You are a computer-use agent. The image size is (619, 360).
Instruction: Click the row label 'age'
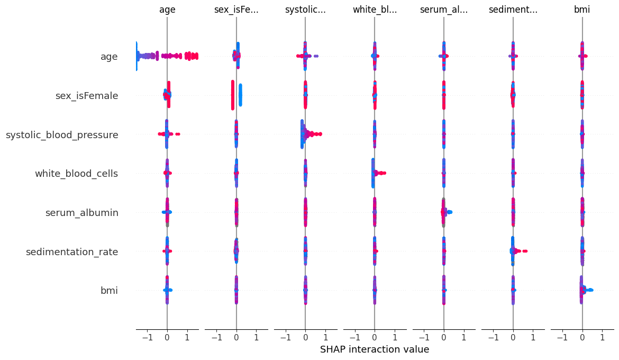pyautogui.click(x=109, y=57)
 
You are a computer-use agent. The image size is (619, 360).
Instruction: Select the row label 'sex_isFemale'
pyautogui.click(x=87, y=96)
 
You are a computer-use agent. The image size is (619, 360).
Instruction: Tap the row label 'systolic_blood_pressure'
pyautogui.click(x=62, y=135)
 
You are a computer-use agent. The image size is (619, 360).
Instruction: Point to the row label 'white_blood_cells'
pyautogui.click(x=76, y=174)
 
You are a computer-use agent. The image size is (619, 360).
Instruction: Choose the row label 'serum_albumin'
pyautogui.click(x=81, y=213)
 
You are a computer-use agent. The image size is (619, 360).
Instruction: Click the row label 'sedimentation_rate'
pyautogui.click(x=72, y=252)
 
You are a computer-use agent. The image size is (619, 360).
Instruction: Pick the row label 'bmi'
pyautogui.click(x=109, y=291)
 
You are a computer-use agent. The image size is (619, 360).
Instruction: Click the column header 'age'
pyautogui.click(x=167, y=10)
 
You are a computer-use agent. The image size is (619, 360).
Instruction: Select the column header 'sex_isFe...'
pyautogui.click(x=236, y=10)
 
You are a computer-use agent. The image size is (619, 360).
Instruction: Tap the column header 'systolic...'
pyautogui.click(x=305, y=10)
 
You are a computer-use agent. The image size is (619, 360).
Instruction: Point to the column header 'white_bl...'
pyautogui.click(x=375, y=10)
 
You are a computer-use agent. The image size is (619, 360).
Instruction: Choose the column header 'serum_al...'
pyautogui.click(x=444, y=10)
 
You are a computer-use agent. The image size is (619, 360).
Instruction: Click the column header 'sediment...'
pyautogui.click(x=513, y=10)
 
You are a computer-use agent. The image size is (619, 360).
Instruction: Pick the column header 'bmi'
pyautogui.click(x=582, y=10)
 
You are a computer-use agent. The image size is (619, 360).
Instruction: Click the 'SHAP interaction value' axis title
pyautogui.click(x=375, y=349)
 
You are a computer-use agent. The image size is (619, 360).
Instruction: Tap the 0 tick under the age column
pyautogui.click(x=167, y=337)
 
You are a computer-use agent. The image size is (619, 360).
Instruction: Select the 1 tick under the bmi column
pyautogui.click(x=602, y=337)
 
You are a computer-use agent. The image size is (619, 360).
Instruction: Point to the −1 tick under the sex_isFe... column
pyautogui.click(x=216, y=337)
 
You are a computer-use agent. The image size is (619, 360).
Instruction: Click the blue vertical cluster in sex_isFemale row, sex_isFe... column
pyautogui.click(x=240, y=95)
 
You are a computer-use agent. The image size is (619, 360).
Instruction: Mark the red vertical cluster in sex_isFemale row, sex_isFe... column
pyautogui.click(x=232, y=95)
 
